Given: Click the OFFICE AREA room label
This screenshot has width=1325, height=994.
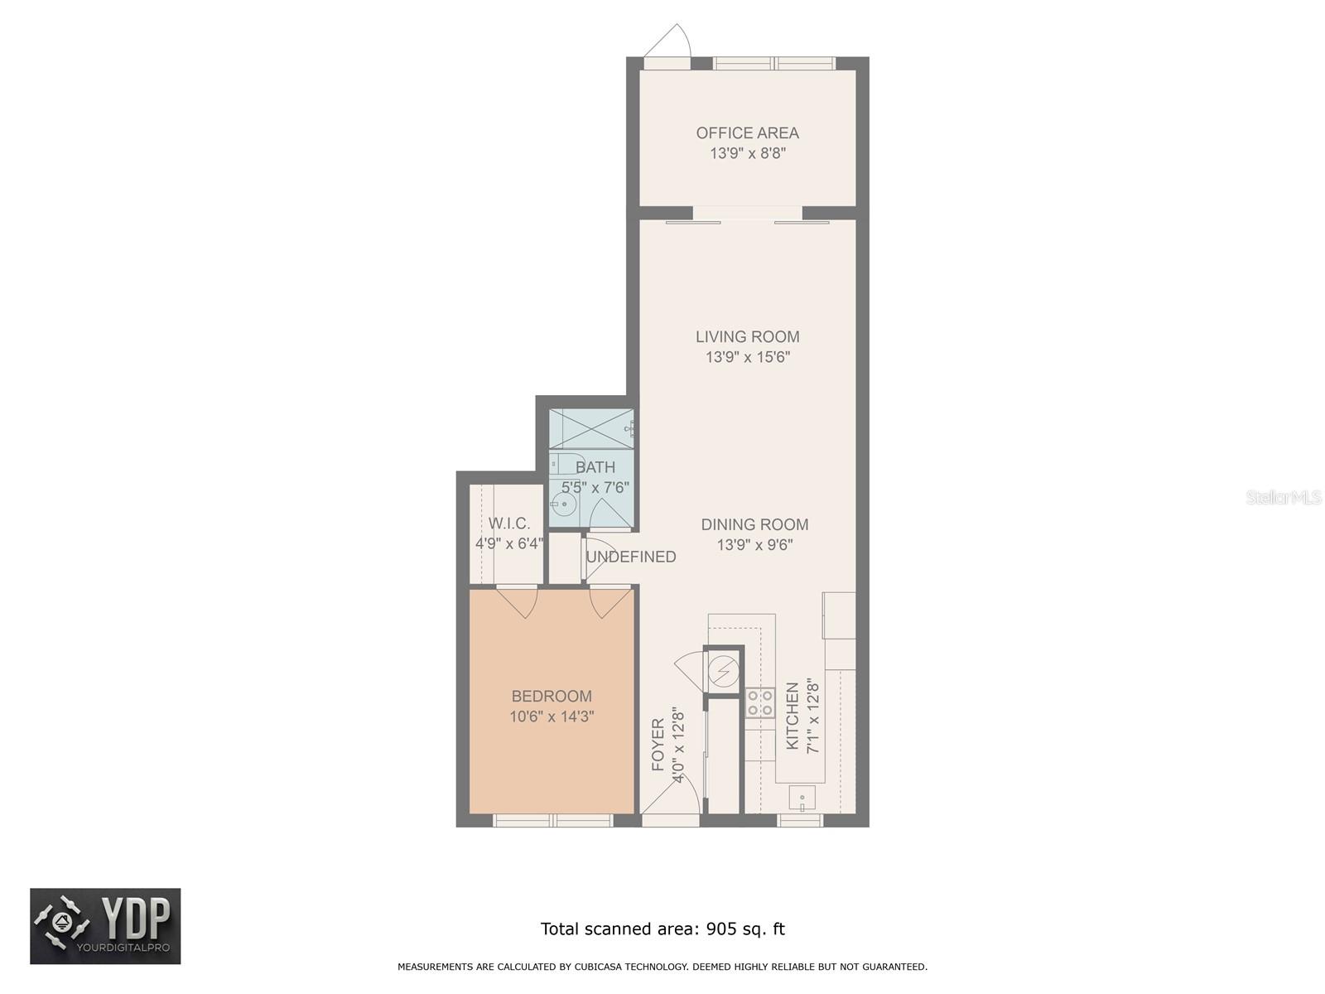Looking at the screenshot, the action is pos(747,133).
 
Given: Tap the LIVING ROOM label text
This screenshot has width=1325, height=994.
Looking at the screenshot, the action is pos(747,337).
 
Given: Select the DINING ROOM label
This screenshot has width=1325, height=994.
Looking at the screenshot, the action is pos(754,524).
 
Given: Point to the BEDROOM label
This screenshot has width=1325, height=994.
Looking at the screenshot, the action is pos(552,696).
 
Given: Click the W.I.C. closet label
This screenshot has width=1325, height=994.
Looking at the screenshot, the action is pos(509,523).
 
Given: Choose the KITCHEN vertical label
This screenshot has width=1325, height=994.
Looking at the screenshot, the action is pos(793,716).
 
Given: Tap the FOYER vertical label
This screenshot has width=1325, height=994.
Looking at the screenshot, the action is pos(658,744).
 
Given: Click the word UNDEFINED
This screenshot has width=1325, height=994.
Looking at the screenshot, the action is pos(631,557).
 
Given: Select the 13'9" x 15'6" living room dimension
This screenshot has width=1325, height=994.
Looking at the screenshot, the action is pos(747,357).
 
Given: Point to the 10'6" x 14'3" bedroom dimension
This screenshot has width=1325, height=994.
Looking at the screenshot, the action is pos(552,717).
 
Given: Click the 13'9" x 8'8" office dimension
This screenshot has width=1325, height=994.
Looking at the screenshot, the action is pos(747,153).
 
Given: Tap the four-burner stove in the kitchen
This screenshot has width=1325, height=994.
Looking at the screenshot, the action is pos(760,702).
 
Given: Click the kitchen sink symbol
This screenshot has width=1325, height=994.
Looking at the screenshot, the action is pos(802,799).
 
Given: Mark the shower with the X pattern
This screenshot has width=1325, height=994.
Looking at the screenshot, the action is pos(591,429).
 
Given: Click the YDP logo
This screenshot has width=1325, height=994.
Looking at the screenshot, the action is pos(105,926).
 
